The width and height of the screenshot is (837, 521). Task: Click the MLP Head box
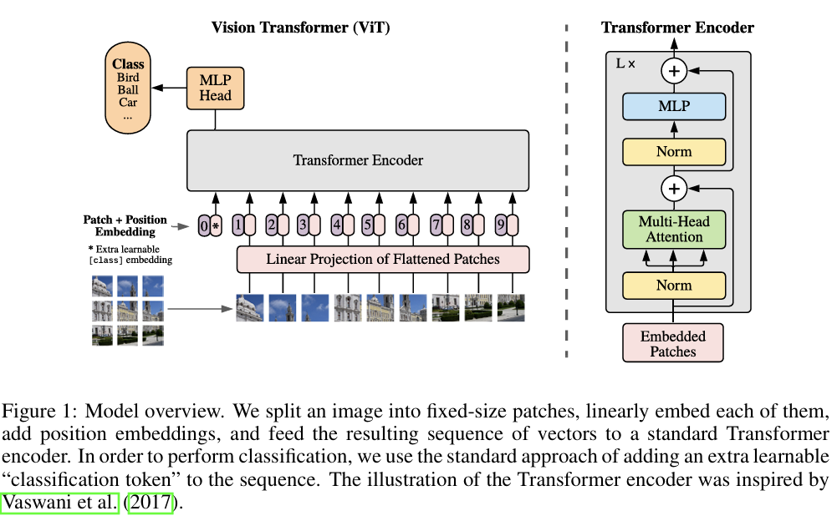[215, 88]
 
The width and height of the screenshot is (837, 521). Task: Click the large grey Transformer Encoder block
[357, 159]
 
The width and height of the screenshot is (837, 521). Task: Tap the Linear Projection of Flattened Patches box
[383, 259]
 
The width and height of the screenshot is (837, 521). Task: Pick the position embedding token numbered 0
[204, 225]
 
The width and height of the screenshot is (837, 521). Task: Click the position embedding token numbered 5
[367, 225]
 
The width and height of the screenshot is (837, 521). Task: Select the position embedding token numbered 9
[501, 225]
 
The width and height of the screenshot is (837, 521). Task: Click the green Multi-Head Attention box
[674, 229]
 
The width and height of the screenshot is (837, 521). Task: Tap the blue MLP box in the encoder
[674, 106]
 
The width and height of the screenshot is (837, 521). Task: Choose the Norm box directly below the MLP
[674, 151]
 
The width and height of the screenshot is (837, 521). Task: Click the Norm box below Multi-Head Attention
[674, 285]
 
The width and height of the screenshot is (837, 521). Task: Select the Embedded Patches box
[673, 343]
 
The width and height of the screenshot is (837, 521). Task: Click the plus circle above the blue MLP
[674, 71]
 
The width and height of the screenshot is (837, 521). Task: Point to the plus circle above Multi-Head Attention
[674, 189]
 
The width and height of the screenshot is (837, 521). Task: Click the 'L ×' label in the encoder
[625, 63]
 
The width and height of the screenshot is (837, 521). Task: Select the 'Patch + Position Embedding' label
[125, 225]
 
